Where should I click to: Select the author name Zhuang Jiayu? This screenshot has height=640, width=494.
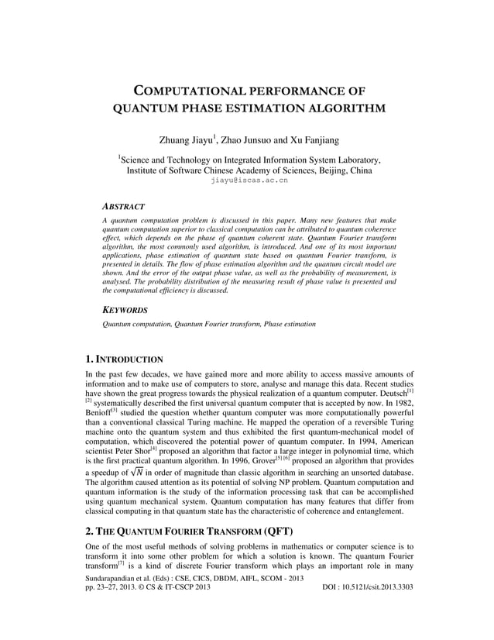(187, 139)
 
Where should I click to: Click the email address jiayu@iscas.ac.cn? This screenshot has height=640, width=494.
(249, 180)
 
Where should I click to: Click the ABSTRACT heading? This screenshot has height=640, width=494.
(123, 207)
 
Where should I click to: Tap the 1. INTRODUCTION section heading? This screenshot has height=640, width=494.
(124, 360)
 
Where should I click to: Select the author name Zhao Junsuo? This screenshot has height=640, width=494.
(247, 139)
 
